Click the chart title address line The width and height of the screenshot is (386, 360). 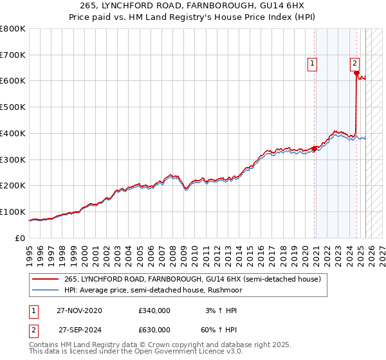tap(192, 6)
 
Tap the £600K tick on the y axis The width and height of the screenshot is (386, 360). tap(13, 81)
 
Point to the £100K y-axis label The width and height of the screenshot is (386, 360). tap(13, 212)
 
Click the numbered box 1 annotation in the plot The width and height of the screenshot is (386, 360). tap(312, 63)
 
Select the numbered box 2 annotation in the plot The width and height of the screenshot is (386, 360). tap(354, 63)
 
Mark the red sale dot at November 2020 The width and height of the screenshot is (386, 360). tap(315, 148)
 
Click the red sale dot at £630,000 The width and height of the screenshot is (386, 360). tap(356, 73)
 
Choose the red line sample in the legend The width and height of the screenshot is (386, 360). tap(46, 280)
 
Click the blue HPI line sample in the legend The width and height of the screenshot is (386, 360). tap(46, 290)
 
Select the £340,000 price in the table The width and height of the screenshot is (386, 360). tap(154, 310)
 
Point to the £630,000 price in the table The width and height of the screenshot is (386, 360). tap(154, 330)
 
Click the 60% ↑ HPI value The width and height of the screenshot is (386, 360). tap(219, 330)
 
